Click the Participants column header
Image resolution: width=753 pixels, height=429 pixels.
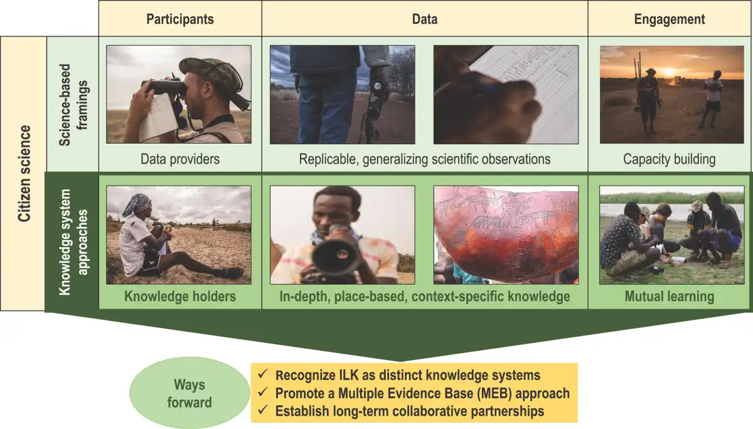[180, 19]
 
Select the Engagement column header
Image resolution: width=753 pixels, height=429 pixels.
[670, 19]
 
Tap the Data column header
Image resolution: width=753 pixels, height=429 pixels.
[425, 19]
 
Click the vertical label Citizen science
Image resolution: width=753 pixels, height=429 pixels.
[24, 173]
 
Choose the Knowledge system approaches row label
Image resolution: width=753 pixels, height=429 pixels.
[73, 242]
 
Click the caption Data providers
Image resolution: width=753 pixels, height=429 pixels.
[180, 159]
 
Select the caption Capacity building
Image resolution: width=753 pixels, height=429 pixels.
[669, 159]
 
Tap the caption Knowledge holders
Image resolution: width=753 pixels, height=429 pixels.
[180, 296]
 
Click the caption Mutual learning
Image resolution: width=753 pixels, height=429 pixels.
[670, 297]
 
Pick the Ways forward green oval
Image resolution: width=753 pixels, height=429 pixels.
[190, 393]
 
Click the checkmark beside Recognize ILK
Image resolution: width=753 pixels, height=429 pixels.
[262, 374]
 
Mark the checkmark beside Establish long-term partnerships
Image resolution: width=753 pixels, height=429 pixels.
[262, 410]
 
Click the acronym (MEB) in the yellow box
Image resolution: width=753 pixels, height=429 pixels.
[494, 393]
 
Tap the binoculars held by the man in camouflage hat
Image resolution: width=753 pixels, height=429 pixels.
[164, 87]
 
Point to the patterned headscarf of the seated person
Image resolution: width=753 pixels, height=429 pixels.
[137, 205]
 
